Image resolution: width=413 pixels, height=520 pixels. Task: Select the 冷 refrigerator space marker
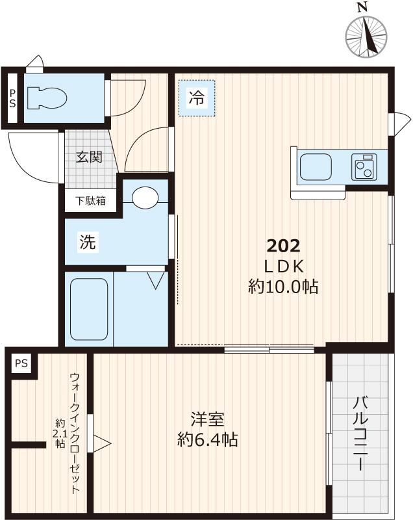196,99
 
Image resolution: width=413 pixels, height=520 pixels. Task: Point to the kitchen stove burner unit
365,167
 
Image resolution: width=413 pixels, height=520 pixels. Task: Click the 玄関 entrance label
88,157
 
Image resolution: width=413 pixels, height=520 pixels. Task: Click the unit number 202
283,246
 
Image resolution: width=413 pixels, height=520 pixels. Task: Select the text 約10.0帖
283,286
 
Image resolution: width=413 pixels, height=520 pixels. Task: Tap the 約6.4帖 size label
207,440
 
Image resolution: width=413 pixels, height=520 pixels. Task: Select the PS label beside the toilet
12,98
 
